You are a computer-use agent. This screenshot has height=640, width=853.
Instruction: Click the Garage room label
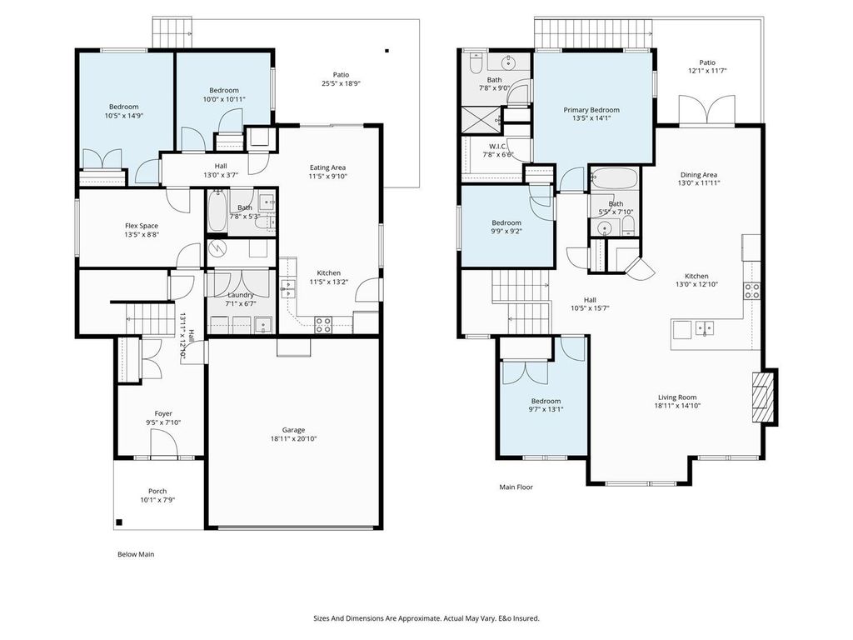coord(293,430)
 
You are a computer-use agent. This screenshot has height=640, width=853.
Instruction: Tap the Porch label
coord(157,491)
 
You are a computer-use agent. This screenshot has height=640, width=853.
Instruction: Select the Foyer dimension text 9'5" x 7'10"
coord(163,422)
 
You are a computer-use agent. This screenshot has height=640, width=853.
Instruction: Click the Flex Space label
coord(142,226)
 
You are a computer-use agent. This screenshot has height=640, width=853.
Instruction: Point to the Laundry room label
coord(241,295)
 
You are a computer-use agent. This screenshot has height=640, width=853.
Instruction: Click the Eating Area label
coord(327,167)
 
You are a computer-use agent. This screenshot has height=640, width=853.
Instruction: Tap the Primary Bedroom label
coord(591,110)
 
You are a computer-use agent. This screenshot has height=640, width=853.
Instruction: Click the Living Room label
coord(676,397)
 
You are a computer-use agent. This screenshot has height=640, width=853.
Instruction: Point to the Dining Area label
coord(698,174)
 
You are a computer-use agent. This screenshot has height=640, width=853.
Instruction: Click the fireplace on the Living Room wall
coord(763,397)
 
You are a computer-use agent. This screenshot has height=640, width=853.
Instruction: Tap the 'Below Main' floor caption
coord(134,554)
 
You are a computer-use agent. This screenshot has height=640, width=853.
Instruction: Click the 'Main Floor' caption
coord(516,487)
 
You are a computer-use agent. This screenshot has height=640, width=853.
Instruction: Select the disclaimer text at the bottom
coord(426,618)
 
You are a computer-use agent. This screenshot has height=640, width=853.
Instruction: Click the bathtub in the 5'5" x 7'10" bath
coord(615,178)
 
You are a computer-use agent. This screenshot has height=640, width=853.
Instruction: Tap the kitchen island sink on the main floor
coord(705,328)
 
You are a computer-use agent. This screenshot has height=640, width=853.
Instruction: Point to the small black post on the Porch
coord(120,522)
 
